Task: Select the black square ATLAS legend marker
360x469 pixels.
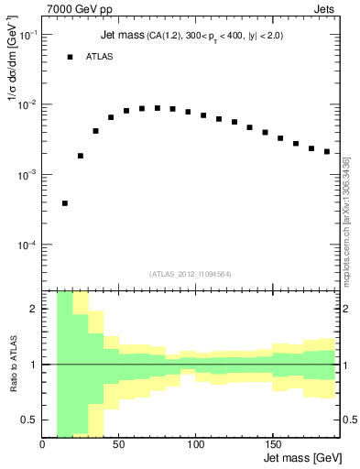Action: pos(70,57)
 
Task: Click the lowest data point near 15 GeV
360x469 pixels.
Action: pos(65,203)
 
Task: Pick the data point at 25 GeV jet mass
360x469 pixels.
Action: pos(81,156)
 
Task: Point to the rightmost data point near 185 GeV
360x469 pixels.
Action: pos(327,151)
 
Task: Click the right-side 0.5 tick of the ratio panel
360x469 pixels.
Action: pos(348,420)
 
